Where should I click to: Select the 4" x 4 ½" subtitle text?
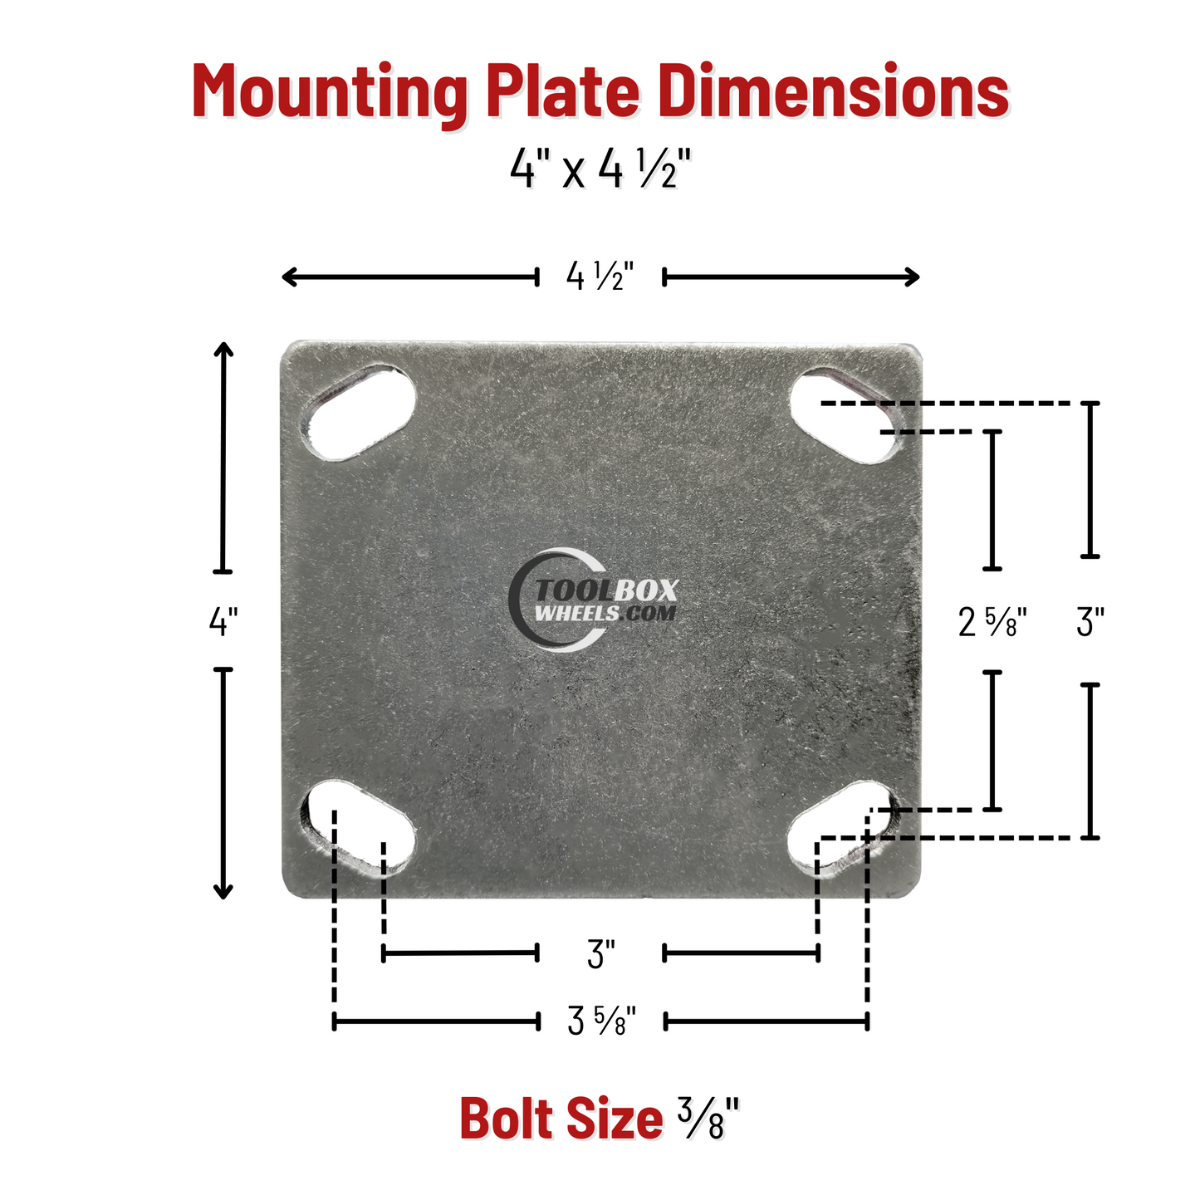tap(600, 170)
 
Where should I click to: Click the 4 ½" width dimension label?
tap(600, 277)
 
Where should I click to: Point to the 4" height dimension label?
tap(223, 620)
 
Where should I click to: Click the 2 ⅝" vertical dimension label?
tap(992, 621)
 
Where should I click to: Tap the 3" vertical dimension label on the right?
tap(1090, 621)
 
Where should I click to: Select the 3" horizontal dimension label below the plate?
tap(600, 955)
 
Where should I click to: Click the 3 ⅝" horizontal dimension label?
tap(601, 1021)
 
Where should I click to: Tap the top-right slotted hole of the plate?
tap(843, 415)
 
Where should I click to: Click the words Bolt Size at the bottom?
tap(561, 1119)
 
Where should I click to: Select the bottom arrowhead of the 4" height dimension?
tap(223, 892)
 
